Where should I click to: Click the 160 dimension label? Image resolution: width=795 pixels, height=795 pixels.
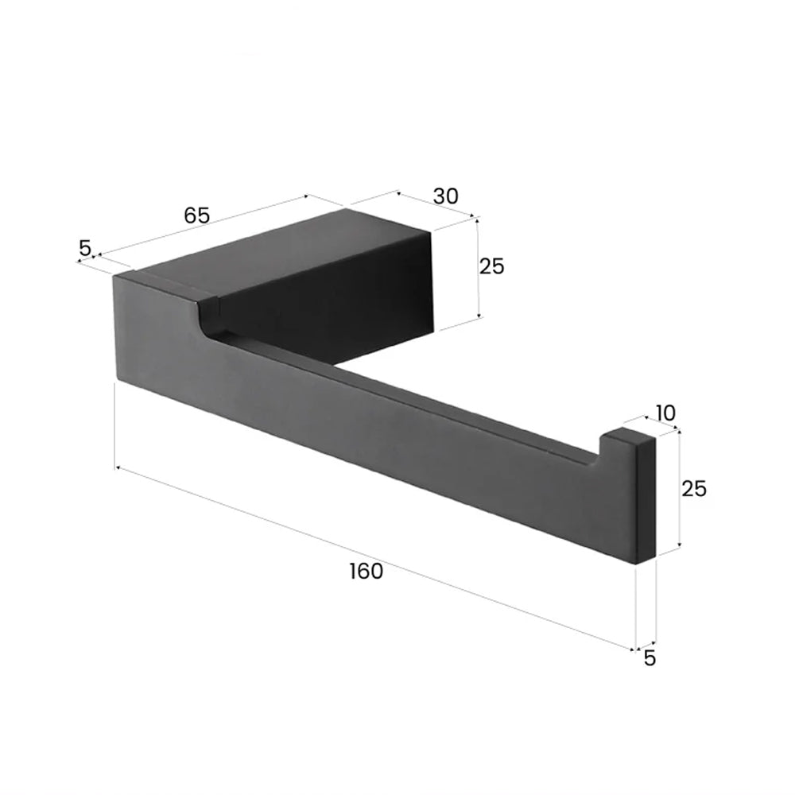pyautogui.click(x=366, y=571)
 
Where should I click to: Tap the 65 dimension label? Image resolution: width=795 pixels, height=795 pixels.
pyautogui.click(x=196, y=215)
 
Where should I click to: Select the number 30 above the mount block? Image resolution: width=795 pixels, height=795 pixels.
pyautogui.click(x=446, y=196)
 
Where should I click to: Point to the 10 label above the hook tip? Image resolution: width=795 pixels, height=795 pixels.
pyautogui.click(x=665, y=413)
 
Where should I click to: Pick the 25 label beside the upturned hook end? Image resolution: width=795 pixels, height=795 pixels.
pyautogui.click(x=694, y=488)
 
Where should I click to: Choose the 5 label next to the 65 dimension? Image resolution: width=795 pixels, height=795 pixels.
pyautogui.click(x=85, y=248)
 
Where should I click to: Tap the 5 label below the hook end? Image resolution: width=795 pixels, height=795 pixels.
pyautogui.click(x=650, y=658)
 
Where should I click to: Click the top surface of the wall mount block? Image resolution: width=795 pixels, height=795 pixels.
pyautogui.click(x=294, y=246)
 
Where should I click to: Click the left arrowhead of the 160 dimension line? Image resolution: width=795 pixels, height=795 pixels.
pyautogui.click(x=119, y=468)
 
